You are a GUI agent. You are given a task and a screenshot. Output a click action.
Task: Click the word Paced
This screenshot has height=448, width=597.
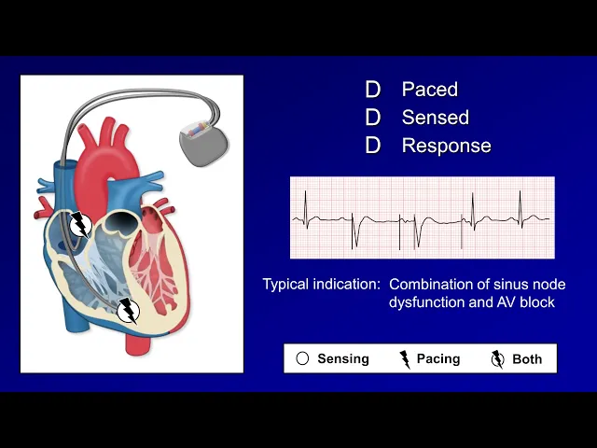point(429,90)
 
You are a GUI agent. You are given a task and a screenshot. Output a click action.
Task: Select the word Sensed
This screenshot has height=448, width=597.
point(435,118)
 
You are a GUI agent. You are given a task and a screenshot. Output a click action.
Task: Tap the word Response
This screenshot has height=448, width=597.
point(446,146)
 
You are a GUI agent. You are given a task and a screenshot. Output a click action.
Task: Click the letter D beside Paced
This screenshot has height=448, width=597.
point(373,90)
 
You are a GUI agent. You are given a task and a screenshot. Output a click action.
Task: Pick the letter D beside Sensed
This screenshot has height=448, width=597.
point(373,118)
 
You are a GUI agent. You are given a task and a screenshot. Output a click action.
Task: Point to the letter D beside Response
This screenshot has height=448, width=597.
point(373,146)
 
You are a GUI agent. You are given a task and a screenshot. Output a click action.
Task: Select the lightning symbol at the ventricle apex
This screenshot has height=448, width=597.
point(129,310)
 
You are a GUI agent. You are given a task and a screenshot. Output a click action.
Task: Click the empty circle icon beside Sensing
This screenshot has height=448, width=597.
point(302,358)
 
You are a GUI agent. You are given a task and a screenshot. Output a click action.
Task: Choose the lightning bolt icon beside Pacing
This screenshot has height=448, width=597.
point(405,359)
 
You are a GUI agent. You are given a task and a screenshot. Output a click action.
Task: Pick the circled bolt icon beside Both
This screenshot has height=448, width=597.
point(497,359)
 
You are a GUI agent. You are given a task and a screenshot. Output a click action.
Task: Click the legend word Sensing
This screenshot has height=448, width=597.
point(343,358)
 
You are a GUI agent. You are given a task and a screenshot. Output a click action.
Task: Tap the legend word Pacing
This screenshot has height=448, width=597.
point(438,358)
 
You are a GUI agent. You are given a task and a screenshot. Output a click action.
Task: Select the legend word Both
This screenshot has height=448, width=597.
point(527,358)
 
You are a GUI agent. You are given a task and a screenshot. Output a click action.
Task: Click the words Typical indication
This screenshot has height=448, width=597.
point(321,284)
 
